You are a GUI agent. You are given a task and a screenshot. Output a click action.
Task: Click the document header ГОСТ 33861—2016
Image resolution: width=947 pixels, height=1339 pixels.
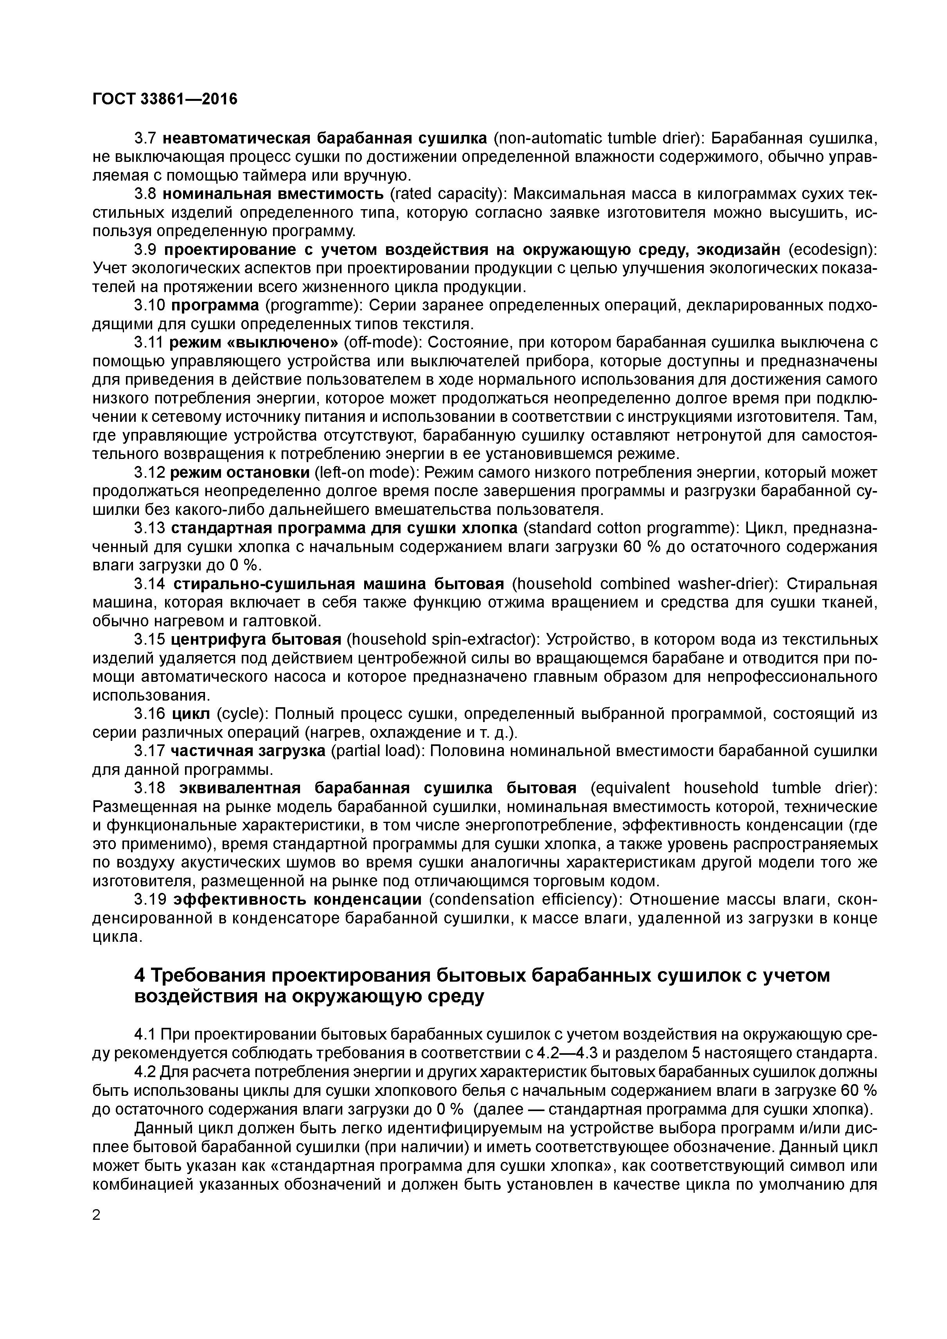[165, 100]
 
